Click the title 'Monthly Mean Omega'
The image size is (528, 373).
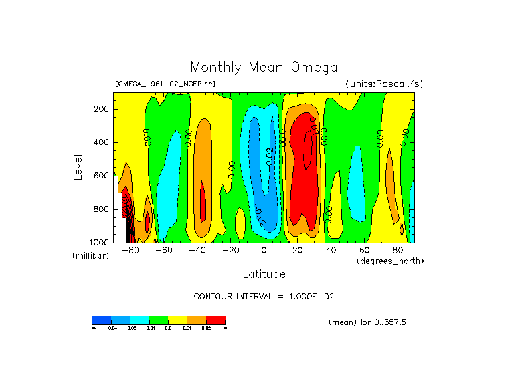(x=264, y=67)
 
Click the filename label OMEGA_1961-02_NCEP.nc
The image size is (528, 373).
(x=165, y=84)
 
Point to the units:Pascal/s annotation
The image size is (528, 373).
(x=384, y=84)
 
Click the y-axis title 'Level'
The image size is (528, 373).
(x=78, y=166)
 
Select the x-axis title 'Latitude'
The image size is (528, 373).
(x=264, y=274)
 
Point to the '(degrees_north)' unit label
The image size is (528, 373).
(x=390, y=261)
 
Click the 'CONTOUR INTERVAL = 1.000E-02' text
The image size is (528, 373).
(x=268, y=296)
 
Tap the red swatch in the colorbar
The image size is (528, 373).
(x=215, y=320)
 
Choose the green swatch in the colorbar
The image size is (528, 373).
(x=158, y=320)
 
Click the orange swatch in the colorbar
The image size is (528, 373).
(x=197, y=320)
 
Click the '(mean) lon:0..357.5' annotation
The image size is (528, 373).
(x=367, y=322)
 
